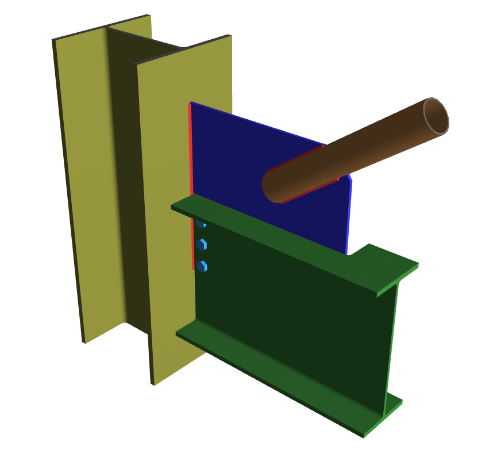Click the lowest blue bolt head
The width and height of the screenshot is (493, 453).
(x=202, y=266)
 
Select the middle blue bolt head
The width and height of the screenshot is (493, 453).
(x=202, y=245)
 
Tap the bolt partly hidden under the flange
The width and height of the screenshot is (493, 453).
(x=201, y=224)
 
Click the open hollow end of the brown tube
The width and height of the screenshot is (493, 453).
(x=436, y=117)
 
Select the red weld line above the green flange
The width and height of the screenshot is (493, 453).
(x=190, y=150)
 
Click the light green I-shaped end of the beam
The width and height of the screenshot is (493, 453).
(x=391, y=345)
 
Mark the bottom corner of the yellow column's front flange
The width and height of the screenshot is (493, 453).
(x=153, y=383)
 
